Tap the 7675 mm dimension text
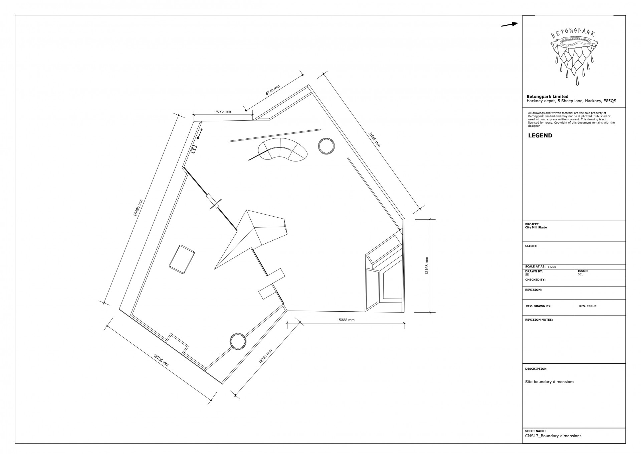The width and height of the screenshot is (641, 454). coord(223,111)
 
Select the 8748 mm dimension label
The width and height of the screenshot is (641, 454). coord(273,90)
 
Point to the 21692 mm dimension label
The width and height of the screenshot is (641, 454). coord(374,139)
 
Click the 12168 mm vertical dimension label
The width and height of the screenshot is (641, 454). coord(426,266)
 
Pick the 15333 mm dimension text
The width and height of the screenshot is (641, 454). coord(346,320)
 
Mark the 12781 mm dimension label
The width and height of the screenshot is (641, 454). coord(265,356)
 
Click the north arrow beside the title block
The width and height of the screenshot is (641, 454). coord(509,24)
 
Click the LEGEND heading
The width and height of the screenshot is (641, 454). coord(540,136)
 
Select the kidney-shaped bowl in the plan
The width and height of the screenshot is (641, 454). coord(283,150)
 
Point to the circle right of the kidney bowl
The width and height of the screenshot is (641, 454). coord(326,146)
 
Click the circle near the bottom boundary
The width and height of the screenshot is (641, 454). coord(238,341)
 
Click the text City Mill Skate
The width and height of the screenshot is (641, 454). coord(536,228)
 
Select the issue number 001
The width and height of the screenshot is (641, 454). coord(581,274)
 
